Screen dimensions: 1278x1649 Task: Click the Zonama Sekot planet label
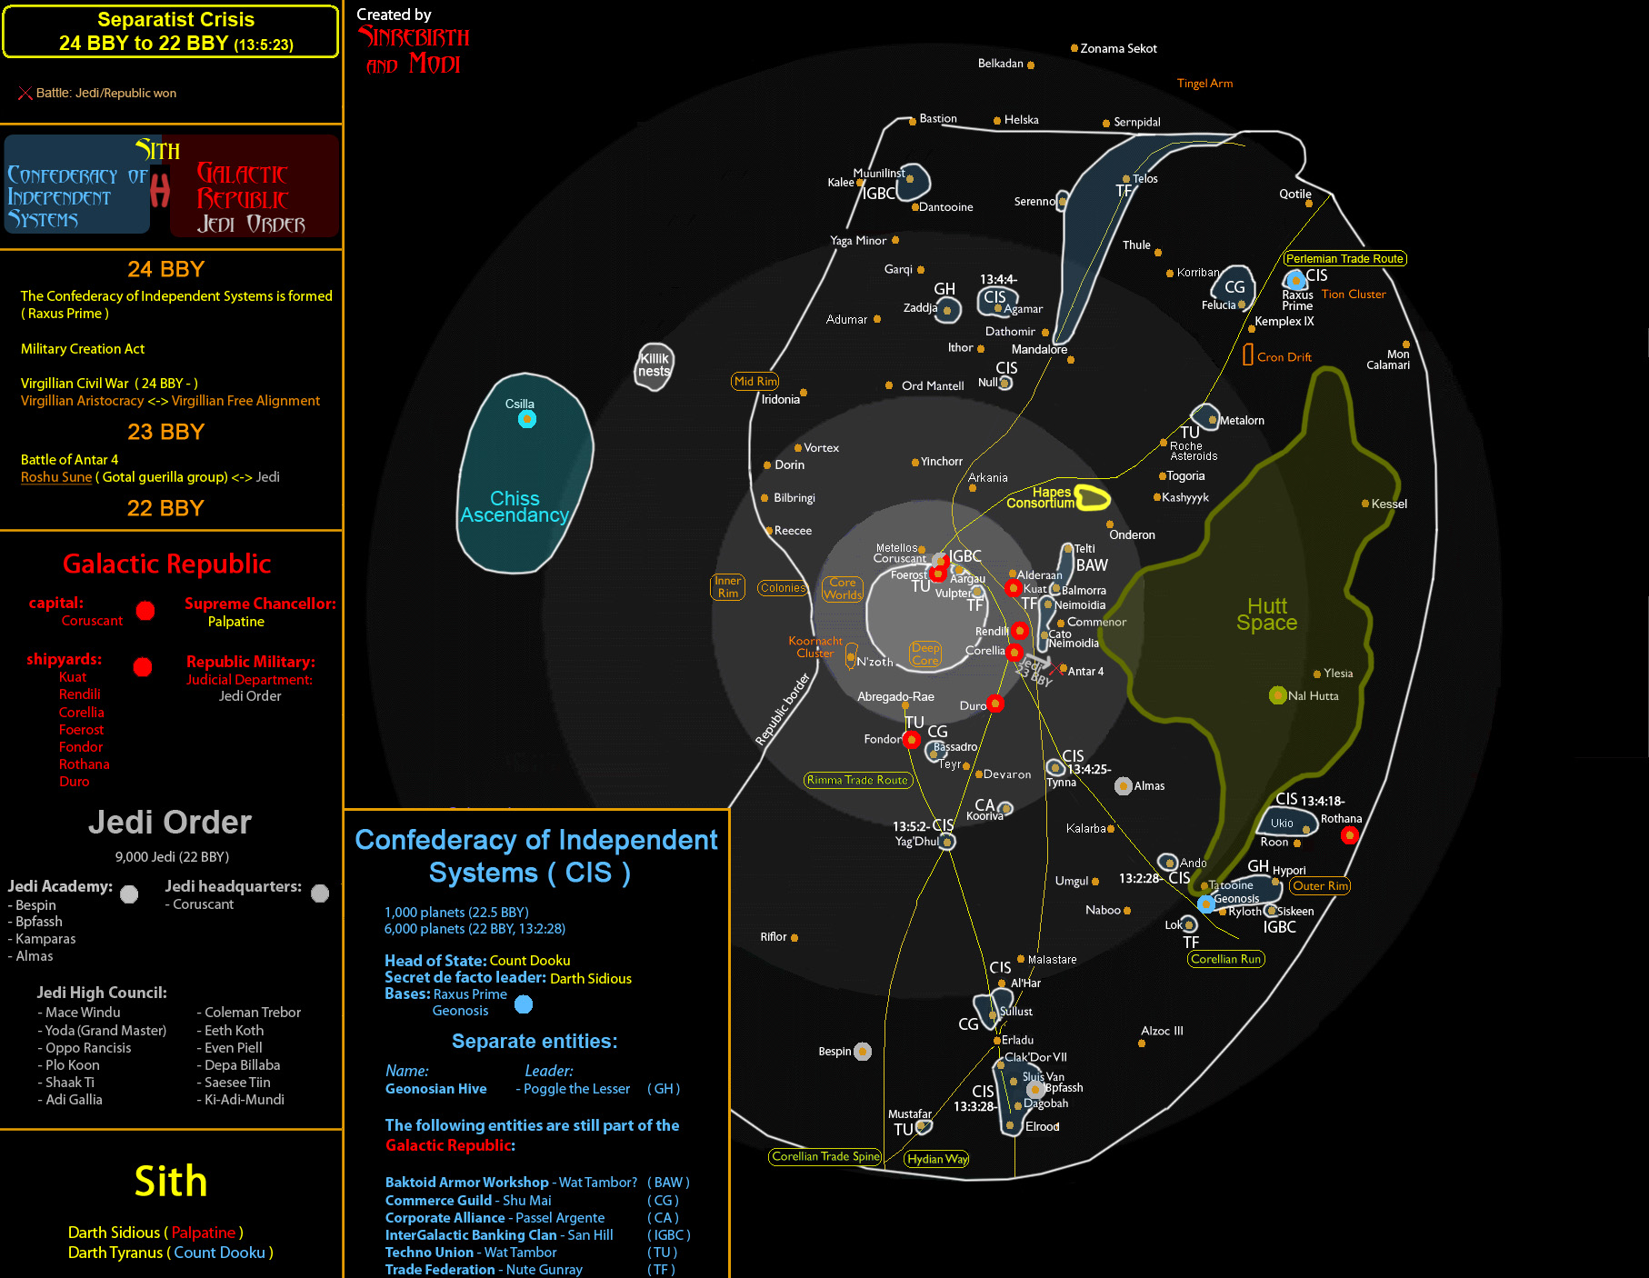(x=1118, y=49)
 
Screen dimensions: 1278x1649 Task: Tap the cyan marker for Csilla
(x=527, y=419)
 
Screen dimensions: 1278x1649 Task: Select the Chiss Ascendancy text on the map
(x=515, y=507)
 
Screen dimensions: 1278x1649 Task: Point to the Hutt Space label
(x=1266, y=614)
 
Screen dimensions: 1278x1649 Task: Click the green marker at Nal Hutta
(x=1277, y=695)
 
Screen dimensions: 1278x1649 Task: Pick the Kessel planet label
(x=1389, y=504)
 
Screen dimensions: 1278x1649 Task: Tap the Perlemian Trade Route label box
(x=1344, y=259)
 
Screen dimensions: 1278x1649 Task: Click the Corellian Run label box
(x=1225, y=959)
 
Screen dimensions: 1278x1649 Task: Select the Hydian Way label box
(x=937, y=1159)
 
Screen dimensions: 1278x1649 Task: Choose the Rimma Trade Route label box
(x=857, y=780)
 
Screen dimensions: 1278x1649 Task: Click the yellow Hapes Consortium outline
(x=1093, y=497)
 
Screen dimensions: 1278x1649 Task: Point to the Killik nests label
(x=654, y=364)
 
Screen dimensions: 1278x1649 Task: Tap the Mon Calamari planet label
(x=1388, y=360)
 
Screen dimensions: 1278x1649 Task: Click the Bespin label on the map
(x=834, y=1052)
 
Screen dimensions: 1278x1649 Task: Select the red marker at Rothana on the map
(x=1350, y=835)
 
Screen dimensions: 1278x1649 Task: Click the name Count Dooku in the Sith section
(x=219, y=1253)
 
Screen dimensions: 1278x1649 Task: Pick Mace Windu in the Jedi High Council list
(x=83, y=1013)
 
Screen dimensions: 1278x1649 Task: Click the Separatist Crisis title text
(x=175, y=20)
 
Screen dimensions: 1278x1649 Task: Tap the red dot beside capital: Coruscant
(x=145, y=611)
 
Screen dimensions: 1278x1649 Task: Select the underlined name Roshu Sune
(x=56, y=477)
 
